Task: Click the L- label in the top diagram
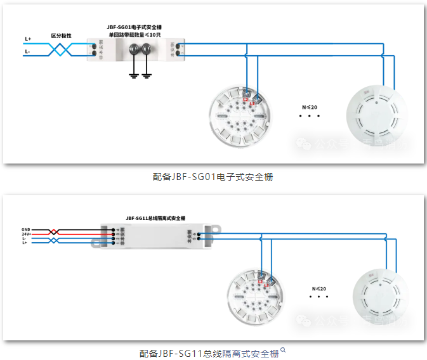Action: pyautogui.click(x=28, y=51)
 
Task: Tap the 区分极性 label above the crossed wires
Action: pyautogui.click(x=62, y=36)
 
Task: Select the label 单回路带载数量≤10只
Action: pyautogui.click(x=135, y=35)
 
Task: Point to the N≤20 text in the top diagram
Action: pyautogui.click(x=310, y=107)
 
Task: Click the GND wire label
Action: pyautogui.click(x=26, y=229)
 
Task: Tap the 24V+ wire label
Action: pyautogui.click(x=26, y=234)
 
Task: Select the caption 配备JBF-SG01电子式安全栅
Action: pyautogui.click(x=213, y=177)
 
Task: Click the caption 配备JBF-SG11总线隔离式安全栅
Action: pyautogui.click(x=209, y=353)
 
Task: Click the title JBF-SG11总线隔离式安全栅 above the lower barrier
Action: pyautogui.click(x=155, y=218)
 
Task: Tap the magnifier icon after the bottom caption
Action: pyautogui.click(x=284, y=350)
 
